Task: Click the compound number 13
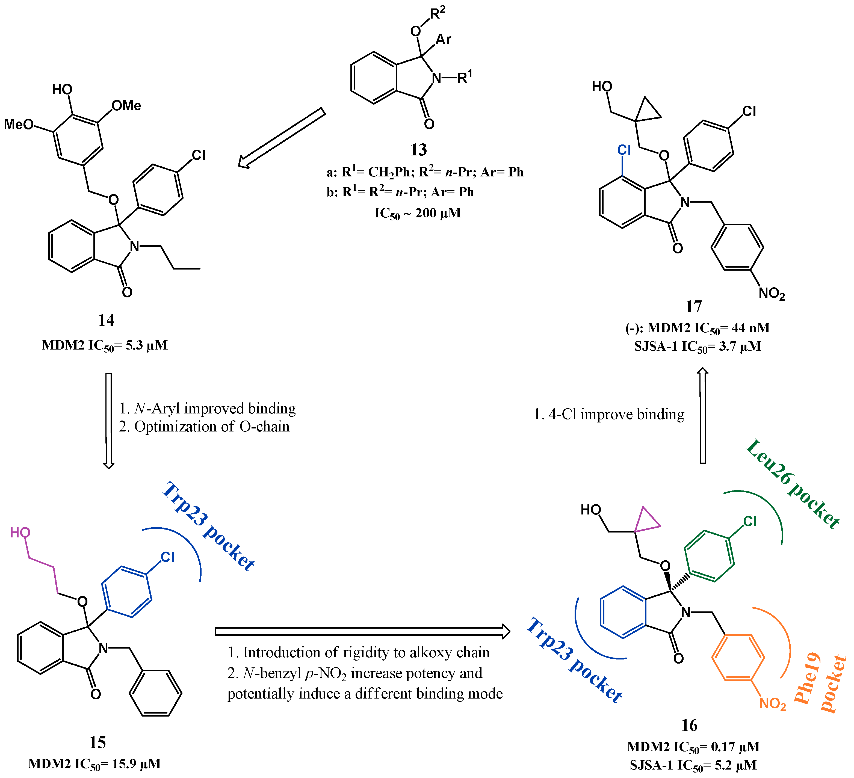pos(418,150)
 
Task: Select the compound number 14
pos(106,320)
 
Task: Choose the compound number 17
pos(693,306)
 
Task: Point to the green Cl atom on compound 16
pos(750,521)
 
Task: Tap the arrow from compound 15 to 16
pos(362,631)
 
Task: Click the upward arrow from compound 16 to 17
pos(702,415)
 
